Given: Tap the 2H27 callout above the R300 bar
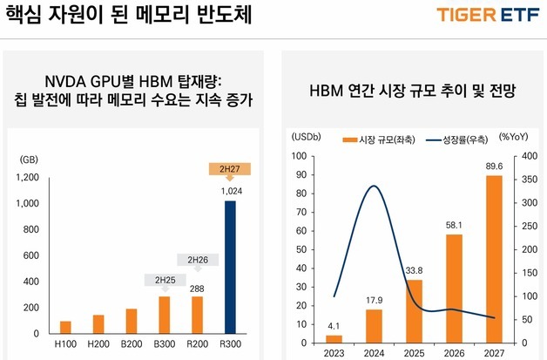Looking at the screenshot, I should coord(231,169).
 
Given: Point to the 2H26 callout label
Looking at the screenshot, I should coord(198,259).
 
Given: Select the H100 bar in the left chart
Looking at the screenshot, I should coord(65,327).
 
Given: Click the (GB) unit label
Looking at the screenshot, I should coord(29,159).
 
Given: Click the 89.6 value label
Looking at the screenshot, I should coord(494,167).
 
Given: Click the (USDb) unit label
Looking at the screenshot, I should coord(306,137).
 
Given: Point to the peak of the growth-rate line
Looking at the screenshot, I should coord(373,186).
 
